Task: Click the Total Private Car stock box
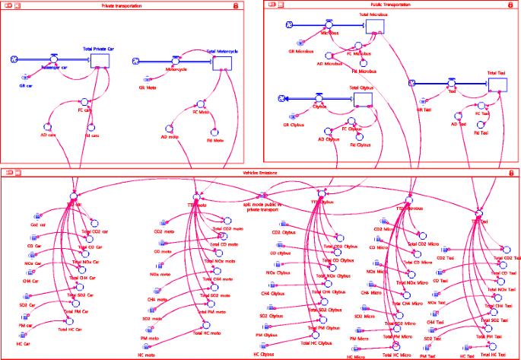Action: click(x=101, y=59)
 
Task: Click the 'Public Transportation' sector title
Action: click(x=388, y=5)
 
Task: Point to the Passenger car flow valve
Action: click(x=55, y=59)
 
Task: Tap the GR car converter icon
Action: click(x=24, y=76)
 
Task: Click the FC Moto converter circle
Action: click(x=199, y=104)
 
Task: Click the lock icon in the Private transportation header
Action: click(x=235, y=5)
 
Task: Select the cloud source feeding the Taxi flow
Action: click(x=411, y=84)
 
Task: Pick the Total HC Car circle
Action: click(x=68, y=323)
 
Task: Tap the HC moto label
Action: click(x=145, y=355)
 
